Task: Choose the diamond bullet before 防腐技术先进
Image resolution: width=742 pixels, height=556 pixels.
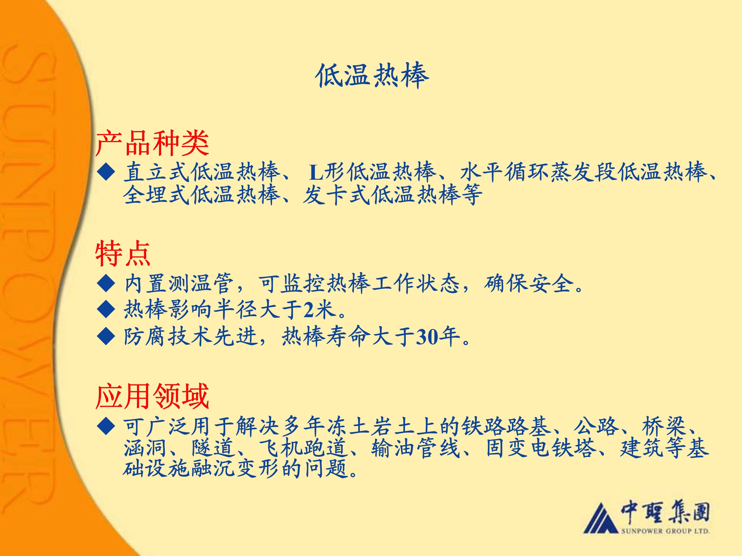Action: [x=106, y=337]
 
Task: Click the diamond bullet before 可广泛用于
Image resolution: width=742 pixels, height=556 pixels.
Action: [x=106, y=426]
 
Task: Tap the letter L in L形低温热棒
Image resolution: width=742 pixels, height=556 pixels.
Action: [x=316, y=173]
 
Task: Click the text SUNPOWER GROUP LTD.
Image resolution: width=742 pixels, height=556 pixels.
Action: [x=665, y=531]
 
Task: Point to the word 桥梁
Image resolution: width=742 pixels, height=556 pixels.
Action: [x=663, y=426]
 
